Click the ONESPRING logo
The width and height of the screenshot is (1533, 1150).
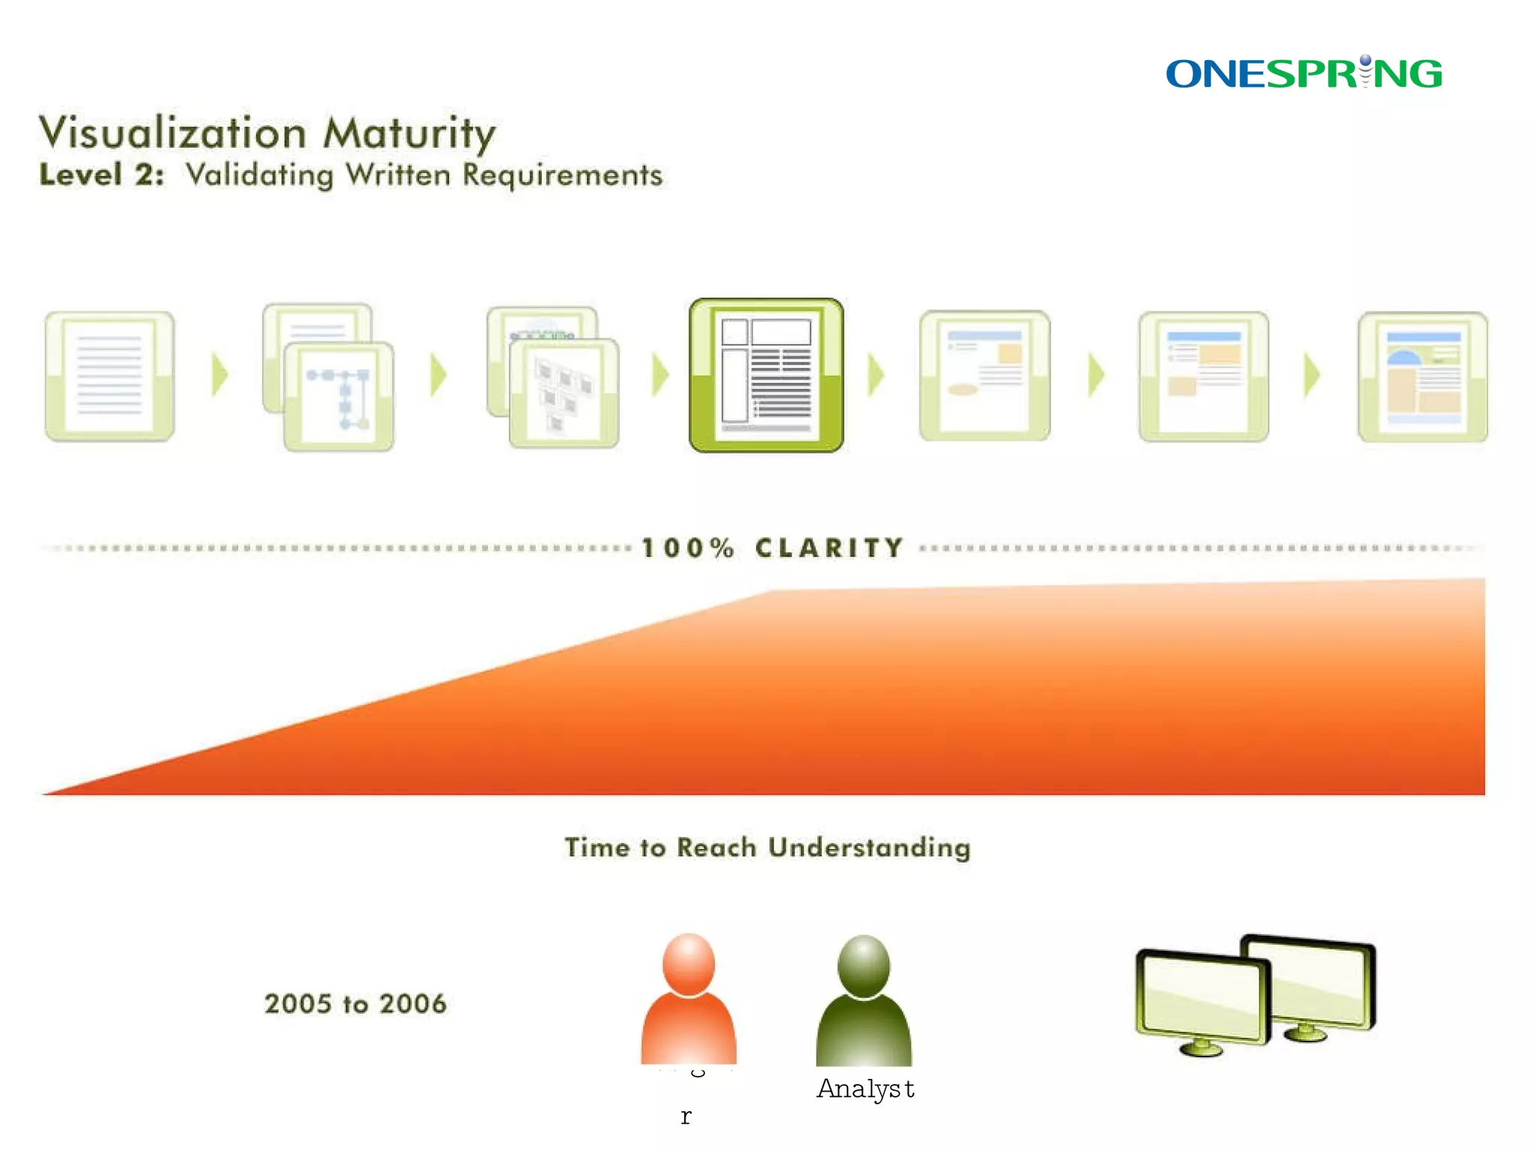pyautogui.click(x=1303, y=73)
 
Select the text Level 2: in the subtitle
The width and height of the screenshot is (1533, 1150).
pyautogui.click(x=101, y=174)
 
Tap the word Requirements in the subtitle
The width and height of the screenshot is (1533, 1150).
pyautogui.click(x=561, y=175)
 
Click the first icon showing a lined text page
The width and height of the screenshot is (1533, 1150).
pyautogui.click(x=109, y=376)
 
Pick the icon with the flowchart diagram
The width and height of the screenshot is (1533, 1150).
pyautogui.click(x=338, y=395)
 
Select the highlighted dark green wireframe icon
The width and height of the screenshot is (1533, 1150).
pyautogui.click(x=766, y=375)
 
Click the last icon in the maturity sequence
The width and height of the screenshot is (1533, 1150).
pyautogui.click(x=1422, y=377)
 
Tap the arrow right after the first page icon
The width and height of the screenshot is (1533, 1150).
pyautogui.click(x=219, y=374)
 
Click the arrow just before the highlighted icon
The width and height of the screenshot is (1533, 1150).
pyautogui.click(x=659, y=374)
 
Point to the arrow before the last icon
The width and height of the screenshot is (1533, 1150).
pyautogui.click(x=1311, y=374)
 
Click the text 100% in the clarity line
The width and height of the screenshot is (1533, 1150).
pyautogui.click(x=688, y=548)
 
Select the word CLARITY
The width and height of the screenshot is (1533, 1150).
pyautogui.click(x=829, y=548)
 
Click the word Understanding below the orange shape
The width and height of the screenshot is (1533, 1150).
pyautogui.click(x=869, y=848)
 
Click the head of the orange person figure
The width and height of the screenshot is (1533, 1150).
pyautogui.click(x=688, y=963)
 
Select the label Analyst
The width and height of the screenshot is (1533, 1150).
pyautogui.click(x=865, y=1089)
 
